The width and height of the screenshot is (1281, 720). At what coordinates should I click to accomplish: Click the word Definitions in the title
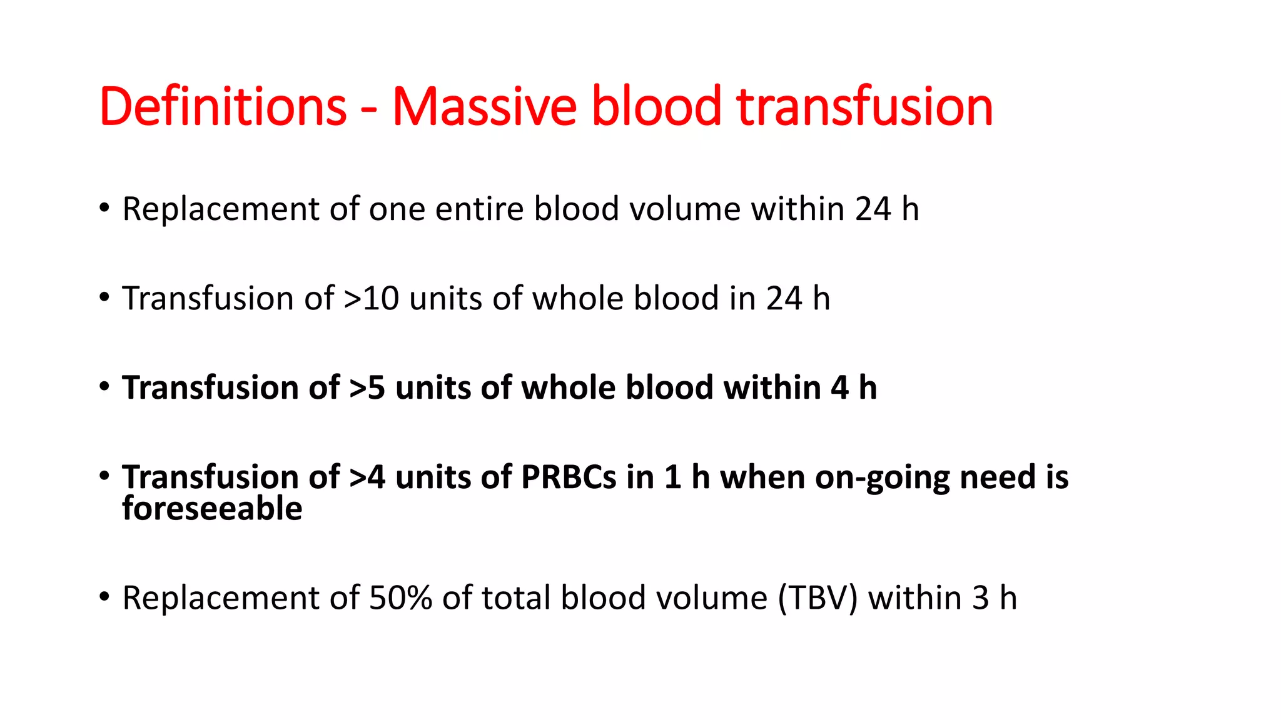coord(223,106)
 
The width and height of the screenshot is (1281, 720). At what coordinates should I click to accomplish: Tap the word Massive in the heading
coord(484,106)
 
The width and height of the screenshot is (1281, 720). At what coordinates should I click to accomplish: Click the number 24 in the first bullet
coord(873,209)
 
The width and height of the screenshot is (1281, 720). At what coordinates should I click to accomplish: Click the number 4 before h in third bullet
coord(839,387)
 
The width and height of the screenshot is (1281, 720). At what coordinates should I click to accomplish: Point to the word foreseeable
coord(212,508)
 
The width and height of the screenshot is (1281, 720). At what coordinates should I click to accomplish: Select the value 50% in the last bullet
coord(400,597)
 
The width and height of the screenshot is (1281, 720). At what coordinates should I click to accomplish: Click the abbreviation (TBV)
coord(818,597)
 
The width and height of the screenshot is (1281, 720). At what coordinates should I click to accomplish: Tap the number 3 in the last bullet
coord(980,597)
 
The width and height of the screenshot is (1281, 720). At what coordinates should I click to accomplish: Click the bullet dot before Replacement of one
coord(104,208)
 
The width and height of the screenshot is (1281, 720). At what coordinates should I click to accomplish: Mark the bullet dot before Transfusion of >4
coord(104,476)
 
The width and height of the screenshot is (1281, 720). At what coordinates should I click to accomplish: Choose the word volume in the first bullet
coord(684,209)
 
